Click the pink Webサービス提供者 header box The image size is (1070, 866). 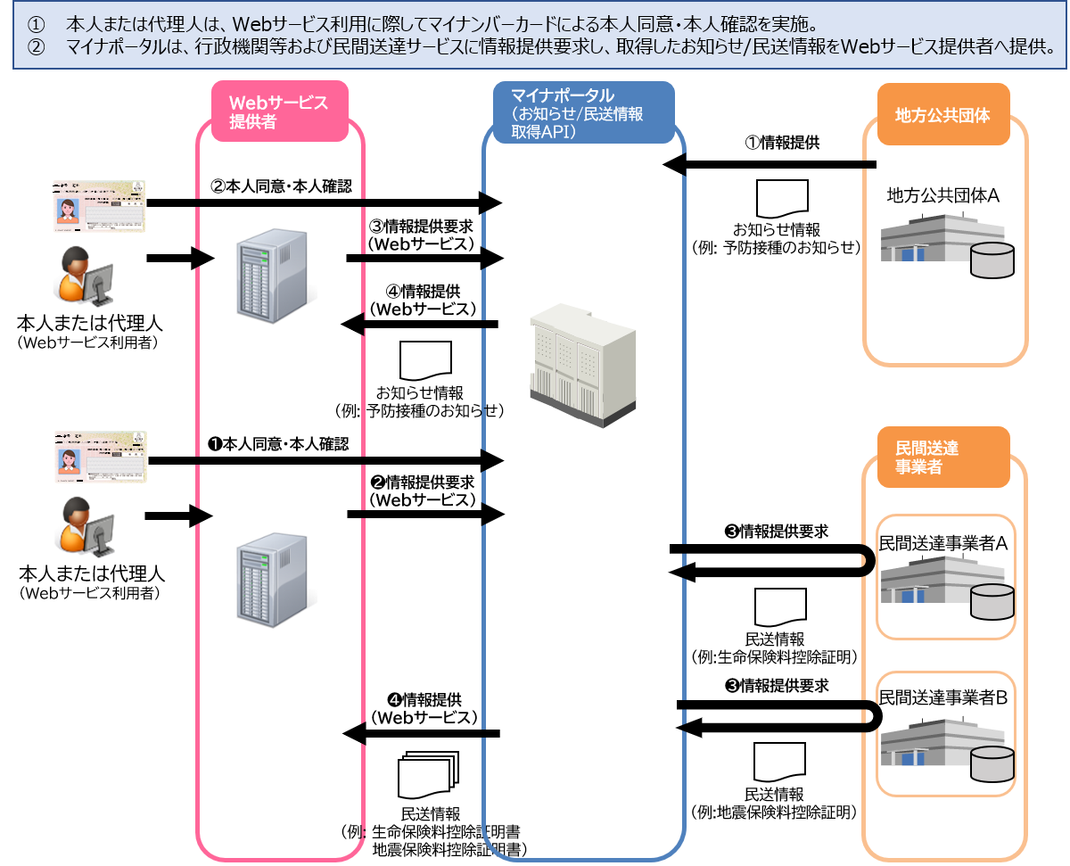[279, 111]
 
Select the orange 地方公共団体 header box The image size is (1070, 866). [943, 114]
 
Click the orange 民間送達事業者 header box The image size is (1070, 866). [943, 458]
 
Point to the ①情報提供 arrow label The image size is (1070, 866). [783, 143]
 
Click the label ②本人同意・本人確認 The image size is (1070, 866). [281, 186]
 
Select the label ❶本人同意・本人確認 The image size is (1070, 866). [277, 443]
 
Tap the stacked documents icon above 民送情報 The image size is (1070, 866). [427, 774]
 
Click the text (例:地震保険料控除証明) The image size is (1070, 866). [775, 812]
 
